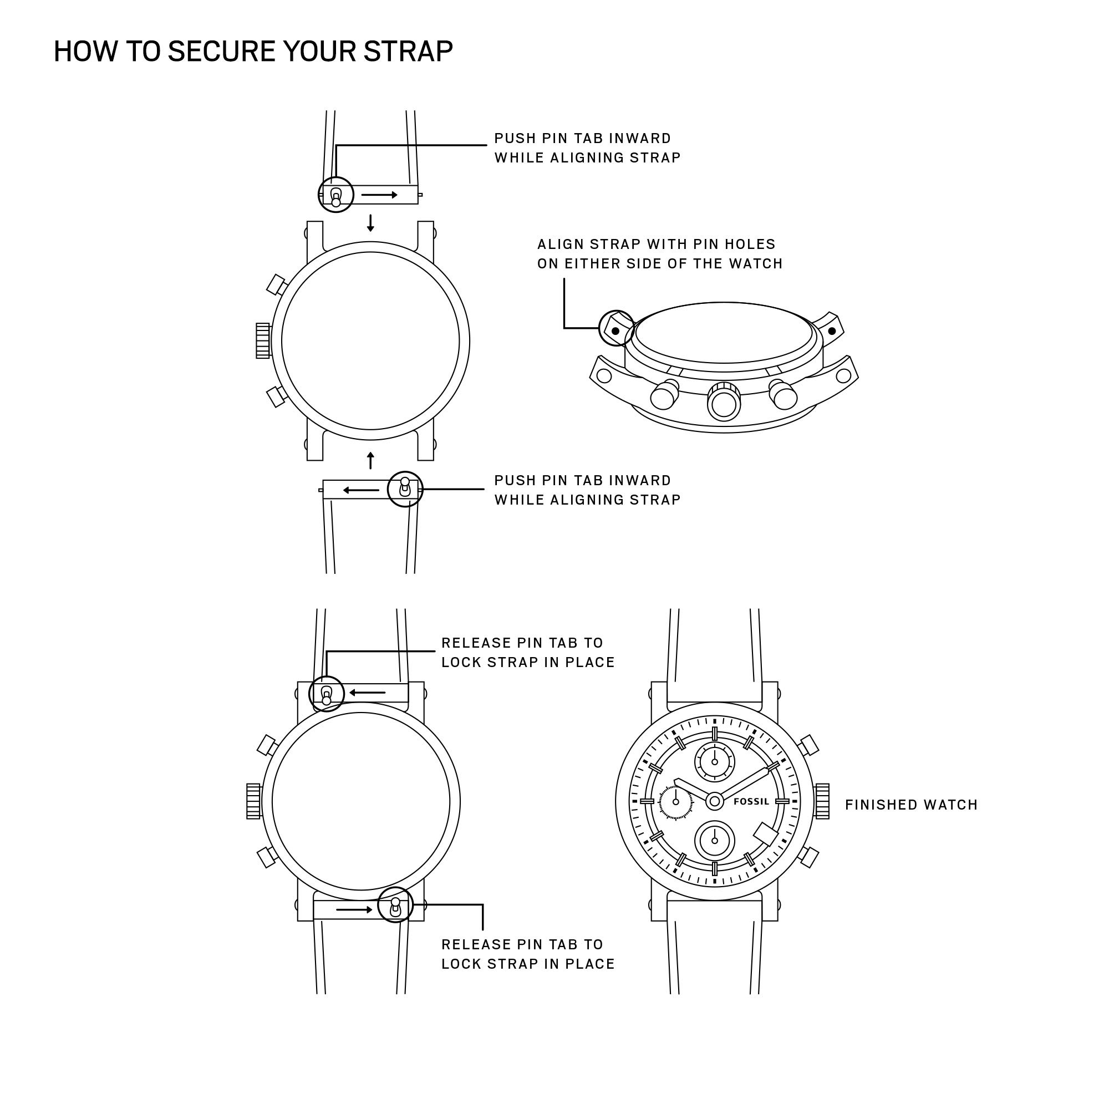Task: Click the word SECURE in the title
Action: [x=222, y=52]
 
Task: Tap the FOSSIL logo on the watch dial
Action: [x=751, y=801]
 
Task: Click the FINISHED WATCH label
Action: [x=911, y=805]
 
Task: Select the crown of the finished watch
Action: [x=821, y=801]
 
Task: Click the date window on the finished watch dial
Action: [x=765, y=834]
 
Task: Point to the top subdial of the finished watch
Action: [x=715, y=762]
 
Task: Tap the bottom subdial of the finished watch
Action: [x=715, y=841]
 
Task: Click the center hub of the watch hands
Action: [x=715, y=801]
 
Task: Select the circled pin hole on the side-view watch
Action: [x=616, y=331]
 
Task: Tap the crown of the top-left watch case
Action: [x=263, y=341]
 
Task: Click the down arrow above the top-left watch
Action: [x=371, y=223]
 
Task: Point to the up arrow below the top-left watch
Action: [x=371, y=460]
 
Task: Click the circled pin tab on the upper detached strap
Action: [x=336, y=195]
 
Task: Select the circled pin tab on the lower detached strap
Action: [x=405, y=489]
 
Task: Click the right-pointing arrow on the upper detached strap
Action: [x=379, y=195]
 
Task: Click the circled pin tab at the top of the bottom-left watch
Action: [x=327, y=694]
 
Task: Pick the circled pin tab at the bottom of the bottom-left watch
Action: [x=395, y=904]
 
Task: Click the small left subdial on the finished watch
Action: [x=676, y=802]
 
